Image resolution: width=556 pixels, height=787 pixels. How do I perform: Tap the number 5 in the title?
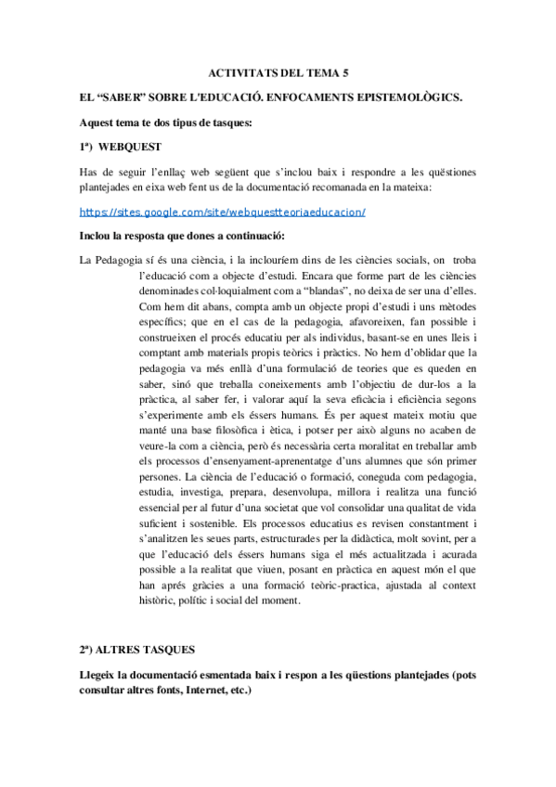click(347, 71)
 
